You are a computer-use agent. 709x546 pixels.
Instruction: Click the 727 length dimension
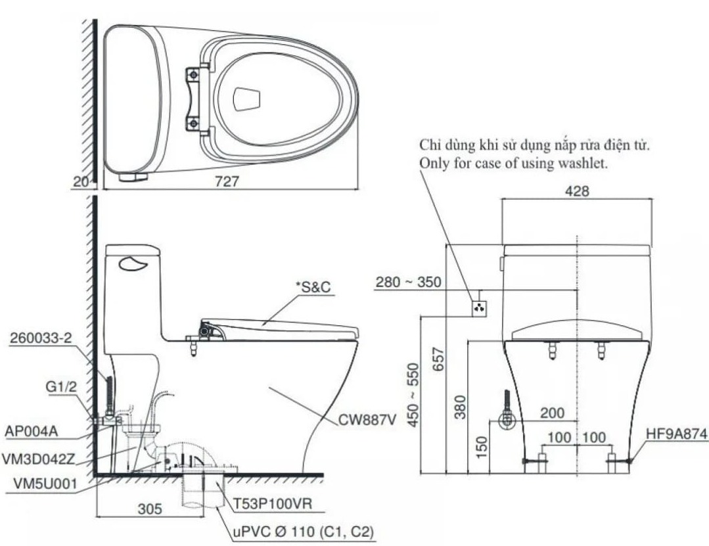pyautogui.click(x=228, y=181)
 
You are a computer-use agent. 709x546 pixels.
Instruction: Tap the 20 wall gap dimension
pyautogui.click(x=81, y=182)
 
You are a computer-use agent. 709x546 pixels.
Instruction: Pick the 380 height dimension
pyautogui.click(x=458, y=405)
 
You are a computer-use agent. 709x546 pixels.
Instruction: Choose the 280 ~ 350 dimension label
pyautogui.click(x=408, y=283)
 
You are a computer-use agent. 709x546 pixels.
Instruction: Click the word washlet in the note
pyautogui.click(x=583, y=163)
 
